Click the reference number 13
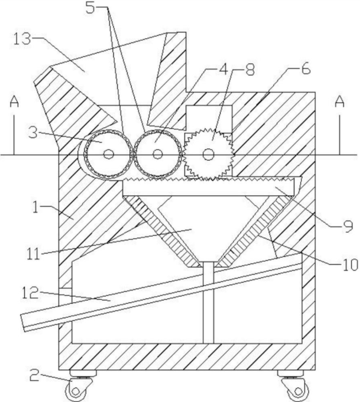pos(22,40)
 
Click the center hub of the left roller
pos(107,154)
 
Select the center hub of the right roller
pos(157,154)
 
